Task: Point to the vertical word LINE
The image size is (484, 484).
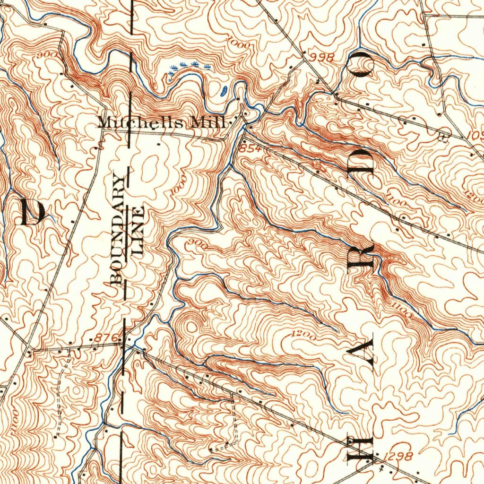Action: tap(138, 230)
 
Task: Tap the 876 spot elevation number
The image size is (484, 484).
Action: tap(102, 337)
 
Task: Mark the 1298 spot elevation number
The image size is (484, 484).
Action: tap(398, 456)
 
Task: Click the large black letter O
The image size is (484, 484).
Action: tap(363, 64)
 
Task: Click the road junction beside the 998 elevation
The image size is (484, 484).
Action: tap(303, 61)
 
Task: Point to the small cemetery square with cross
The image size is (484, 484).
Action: tap(443, 138)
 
